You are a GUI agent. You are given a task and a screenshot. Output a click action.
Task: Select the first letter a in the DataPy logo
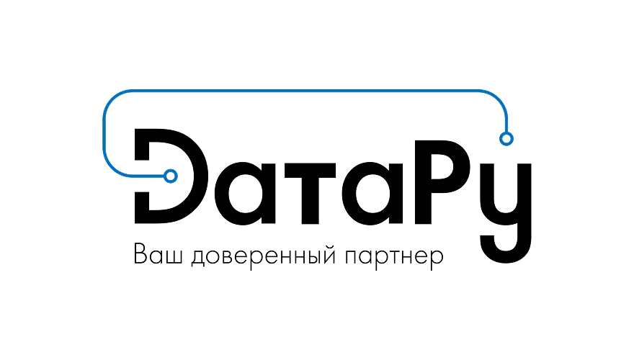click(245, 193)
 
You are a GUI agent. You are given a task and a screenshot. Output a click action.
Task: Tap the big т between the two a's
click(310, 193)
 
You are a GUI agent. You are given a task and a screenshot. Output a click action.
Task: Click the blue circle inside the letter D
click(171, 176)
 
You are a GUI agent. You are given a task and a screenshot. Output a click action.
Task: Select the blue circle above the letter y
click(506, 138)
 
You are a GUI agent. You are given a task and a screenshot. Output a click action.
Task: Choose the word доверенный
click(263, 256)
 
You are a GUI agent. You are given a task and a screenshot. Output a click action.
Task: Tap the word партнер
click(394, 257)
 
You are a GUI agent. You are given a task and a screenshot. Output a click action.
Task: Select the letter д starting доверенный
click(198, 258)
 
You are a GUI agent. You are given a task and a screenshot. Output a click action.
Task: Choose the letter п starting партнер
click(352, 256)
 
